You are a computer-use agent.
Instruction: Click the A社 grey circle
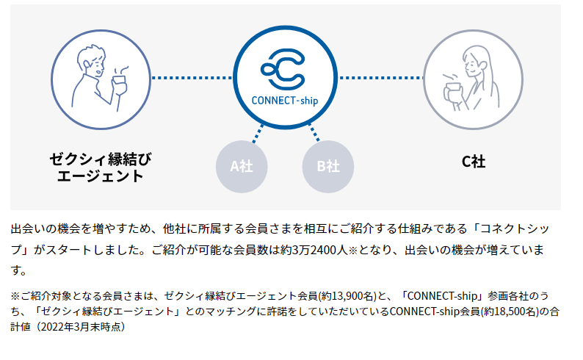pyautogui.click(x=242, y=166)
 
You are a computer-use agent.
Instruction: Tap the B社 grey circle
pyautogui.click(x=328, y=166)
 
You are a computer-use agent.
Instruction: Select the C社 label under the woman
pyautogui.click(x=473, y=161)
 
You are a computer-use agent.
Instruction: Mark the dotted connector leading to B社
pyautogui.click(x=313, y=134)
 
